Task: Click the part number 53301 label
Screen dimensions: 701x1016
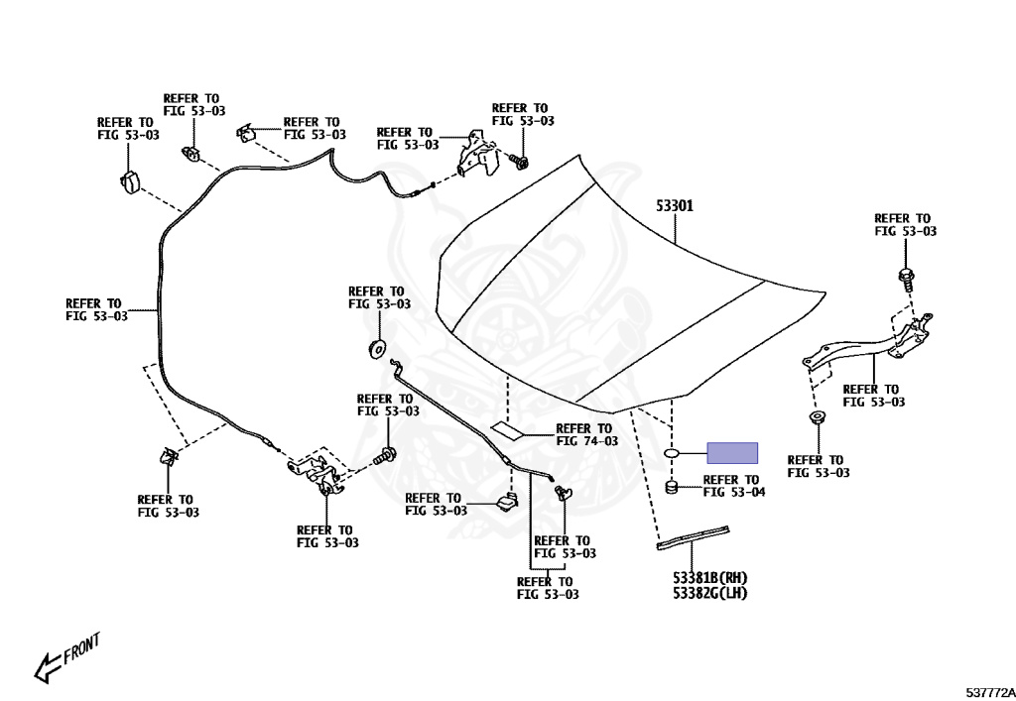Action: click(x=674, y=207)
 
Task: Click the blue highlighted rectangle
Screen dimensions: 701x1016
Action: click(x=732, y=453)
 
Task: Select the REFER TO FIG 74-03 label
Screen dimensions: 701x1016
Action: click(x=586, y=434)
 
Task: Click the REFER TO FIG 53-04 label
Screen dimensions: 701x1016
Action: click(x=733, y=485)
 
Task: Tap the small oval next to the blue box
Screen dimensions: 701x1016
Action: click(x=673, y=453)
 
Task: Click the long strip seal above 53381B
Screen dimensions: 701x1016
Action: click(x=694, y=535)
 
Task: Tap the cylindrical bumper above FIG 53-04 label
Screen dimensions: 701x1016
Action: click(x=672, y=487)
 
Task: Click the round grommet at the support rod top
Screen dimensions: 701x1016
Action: click(x=377, y=347)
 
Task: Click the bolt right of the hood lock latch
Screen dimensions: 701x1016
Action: click(x=386, y=457)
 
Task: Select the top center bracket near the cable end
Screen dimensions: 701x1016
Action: click(x=479, y=151)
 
